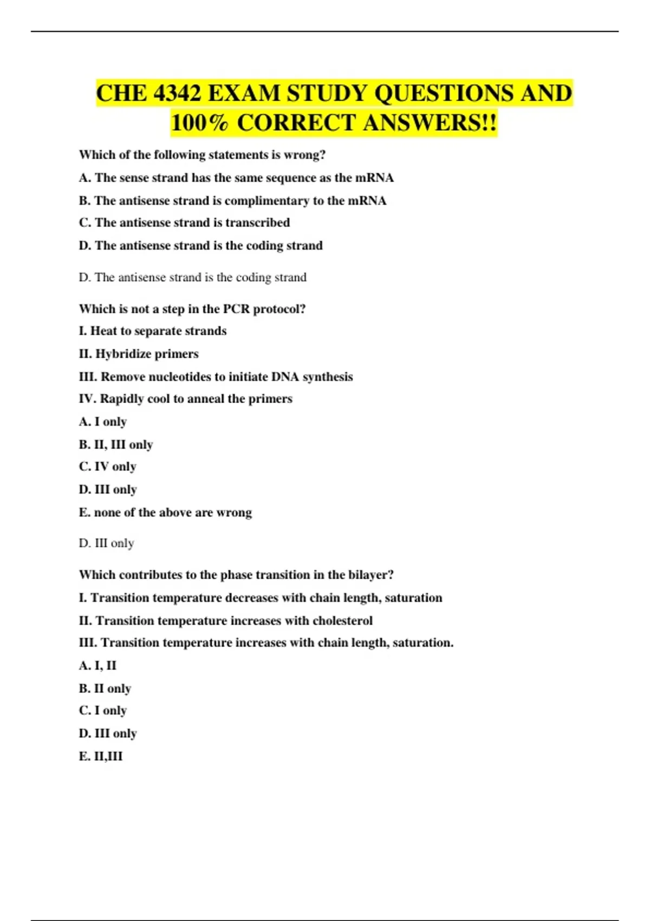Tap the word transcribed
click(x=257, y=223)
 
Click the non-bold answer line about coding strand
click(x=192, y=277)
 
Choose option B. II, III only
click(x=116, y=445)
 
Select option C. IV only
click(x=107, y=466)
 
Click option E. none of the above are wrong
click(x=165, y=513)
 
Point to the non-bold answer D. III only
click(x=106, y=543)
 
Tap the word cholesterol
click(x=342, y=621)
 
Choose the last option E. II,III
click(x=101, y=756)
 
